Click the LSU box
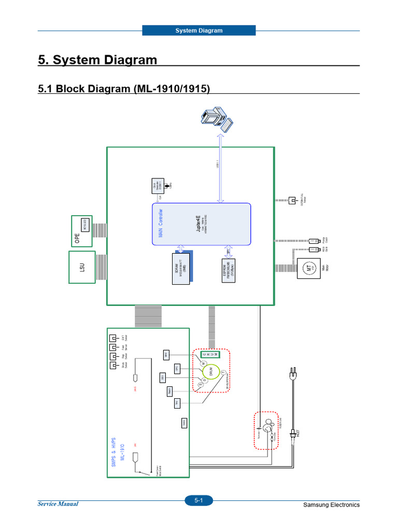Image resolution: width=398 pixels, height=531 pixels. pyautogui.click(x=81, y=267)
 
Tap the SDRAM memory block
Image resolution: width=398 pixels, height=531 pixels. pyautogui.click(x=181, y=268)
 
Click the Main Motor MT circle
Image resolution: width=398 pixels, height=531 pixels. pyautogui.click(x=309, y=268)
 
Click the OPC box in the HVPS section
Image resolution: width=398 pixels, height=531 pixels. pyautogui.click(x=177, y=368)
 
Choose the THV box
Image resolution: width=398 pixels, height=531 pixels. pyautogui.click(x=177, y=402)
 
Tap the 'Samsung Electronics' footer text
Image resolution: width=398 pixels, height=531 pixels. pyautogui.click(x=331, y=505)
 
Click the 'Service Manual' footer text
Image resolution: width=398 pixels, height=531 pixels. pyautogui.click(x=58, y=504)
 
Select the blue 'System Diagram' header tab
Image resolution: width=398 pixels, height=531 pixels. pyautogui.click(x=198, y=31)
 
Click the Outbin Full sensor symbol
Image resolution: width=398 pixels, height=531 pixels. pyautogui.click(x=292, y=200)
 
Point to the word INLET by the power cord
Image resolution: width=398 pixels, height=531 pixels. pyautogui.click(x=298, y=433)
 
